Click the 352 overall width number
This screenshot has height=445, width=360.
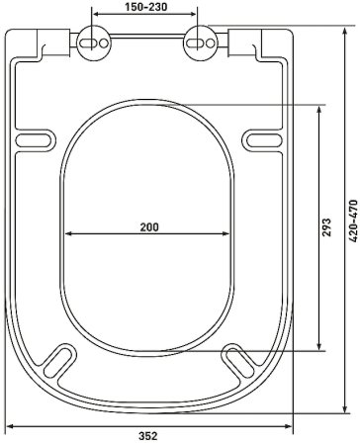click(150, 435)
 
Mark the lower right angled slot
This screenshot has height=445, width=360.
click(235, 359)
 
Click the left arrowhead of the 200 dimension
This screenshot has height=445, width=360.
click(69, 234)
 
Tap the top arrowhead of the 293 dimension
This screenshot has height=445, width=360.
click(318, 108)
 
